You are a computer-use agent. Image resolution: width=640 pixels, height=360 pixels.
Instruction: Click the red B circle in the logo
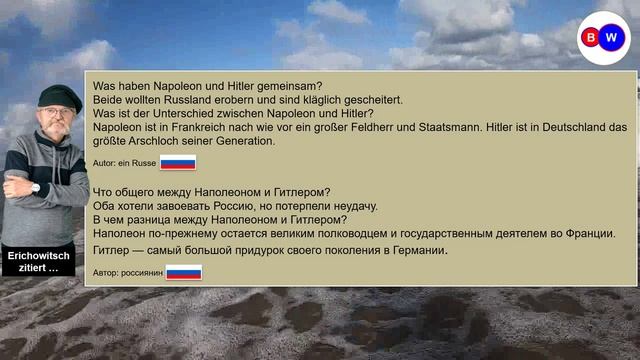(x=591, y=38)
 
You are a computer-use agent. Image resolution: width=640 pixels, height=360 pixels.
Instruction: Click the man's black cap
(x=59, y=96)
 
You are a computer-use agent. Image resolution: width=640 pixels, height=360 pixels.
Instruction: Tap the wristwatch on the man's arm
(x=36, y=187)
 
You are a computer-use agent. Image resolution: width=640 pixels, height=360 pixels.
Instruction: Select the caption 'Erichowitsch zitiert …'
(x=40, y=263)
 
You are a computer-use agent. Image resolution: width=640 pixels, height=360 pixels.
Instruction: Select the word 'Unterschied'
(x=174, y=114)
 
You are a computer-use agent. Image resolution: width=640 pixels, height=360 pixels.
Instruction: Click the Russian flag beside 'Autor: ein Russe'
(x=178, y=163)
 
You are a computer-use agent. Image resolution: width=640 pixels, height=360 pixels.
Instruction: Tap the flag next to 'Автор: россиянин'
(x=183, y=272)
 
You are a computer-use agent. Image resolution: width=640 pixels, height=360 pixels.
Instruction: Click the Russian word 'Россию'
(x=232, y=206)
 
